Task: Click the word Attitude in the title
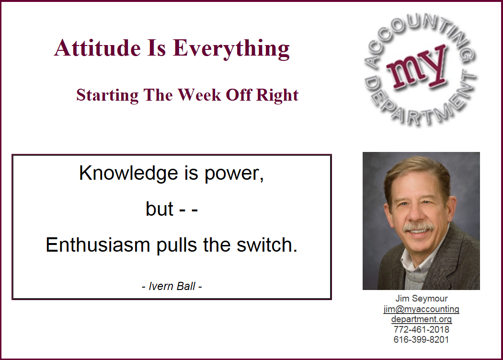click(x=98, y=48)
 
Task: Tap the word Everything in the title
click(x=231, y=49)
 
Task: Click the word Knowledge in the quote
click(x=128, y=174)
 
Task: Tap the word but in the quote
click(x=160, y=209)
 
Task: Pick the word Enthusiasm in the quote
click(x=98, y=244)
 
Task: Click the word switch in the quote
click(x=267, y=244)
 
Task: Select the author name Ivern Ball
click(x=172, y=286)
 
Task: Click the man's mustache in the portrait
click(x=418, y=227)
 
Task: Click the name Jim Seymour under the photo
click(x=421, y=298)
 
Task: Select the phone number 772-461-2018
click(x=421, y=329)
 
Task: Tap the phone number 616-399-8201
click(x=421, y=340)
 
